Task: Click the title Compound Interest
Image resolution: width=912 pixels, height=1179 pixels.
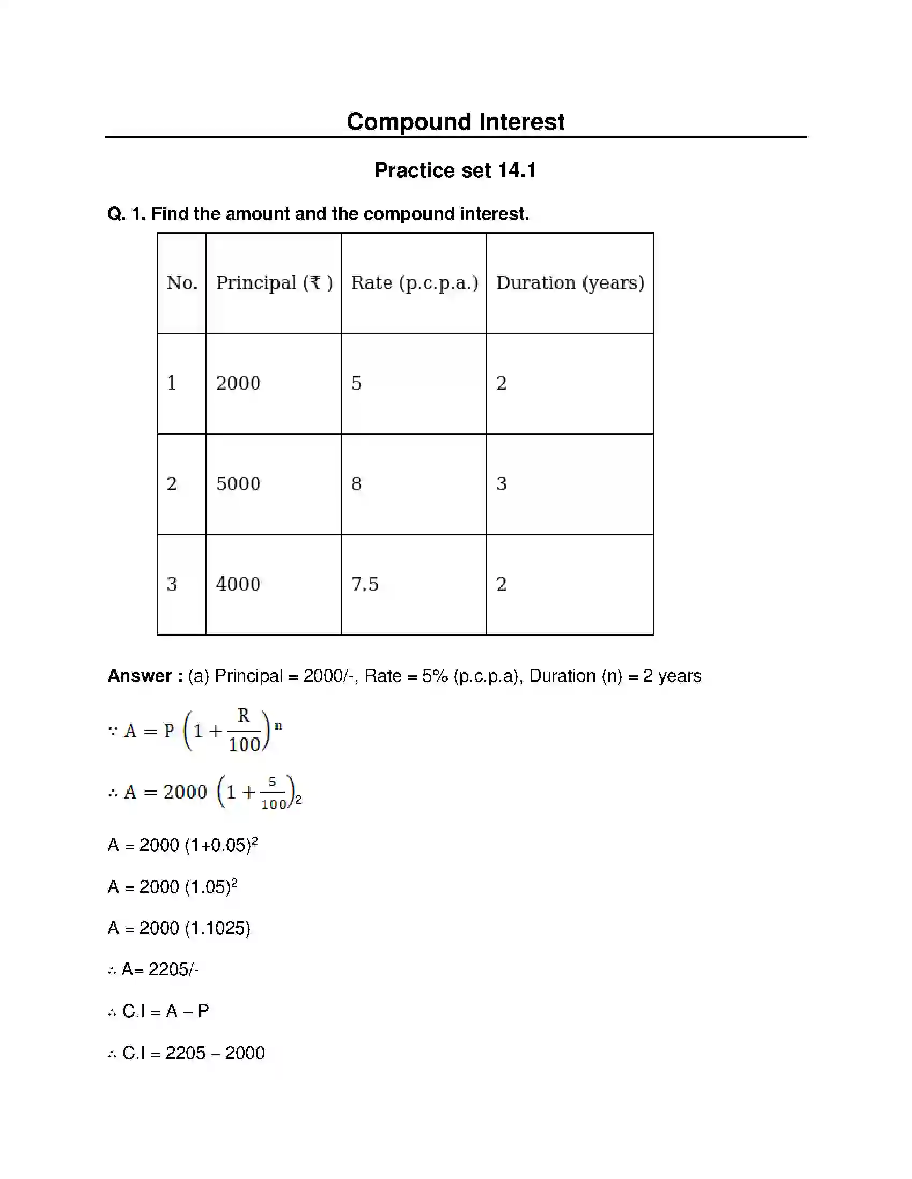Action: [455, 122]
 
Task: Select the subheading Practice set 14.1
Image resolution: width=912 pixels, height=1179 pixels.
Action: [455, 170]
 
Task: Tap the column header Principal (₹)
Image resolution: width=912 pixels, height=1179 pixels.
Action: [274, 283]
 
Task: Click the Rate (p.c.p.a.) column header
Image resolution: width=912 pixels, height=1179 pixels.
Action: [414, 283]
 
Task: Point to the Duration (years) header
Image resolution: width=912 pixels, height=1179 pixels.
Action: [570, 283]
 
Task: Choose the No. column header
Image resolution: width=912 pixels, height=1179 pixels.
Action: [182, 283]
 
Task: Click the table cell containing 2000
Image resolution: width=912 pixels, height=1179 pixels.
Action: [238, 383]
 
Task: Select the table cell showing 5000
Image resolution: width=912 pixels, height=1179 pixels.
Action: [238, 484]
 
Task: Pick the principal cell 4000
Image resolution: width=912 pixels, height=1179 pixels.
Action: [238, 584]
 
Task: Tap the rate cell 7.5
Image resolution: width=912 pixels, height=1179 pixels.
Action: [365, 584]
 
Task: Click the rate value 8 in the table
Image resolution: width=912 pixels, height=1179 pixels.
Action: [356, 484]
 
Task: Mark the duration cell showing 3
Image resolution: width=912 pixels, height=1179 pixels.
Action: [502, 484]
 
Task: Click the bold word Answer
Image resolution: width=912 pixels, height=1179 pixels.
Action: [140, 676]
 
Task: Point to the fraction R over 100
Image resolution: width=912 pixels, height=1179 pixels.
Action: [244, 730]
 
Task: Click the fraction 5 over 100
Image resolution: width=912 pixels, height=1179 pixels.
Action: [273, 793]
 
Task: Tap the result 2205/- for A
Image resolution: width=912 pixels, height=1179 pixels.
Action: [173, 969]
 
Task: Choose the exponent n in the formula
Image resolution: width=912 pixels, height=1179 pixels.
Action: [278, 726]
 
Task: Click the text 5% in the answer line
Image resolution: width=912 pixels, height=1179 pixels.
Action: [435, 676]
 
